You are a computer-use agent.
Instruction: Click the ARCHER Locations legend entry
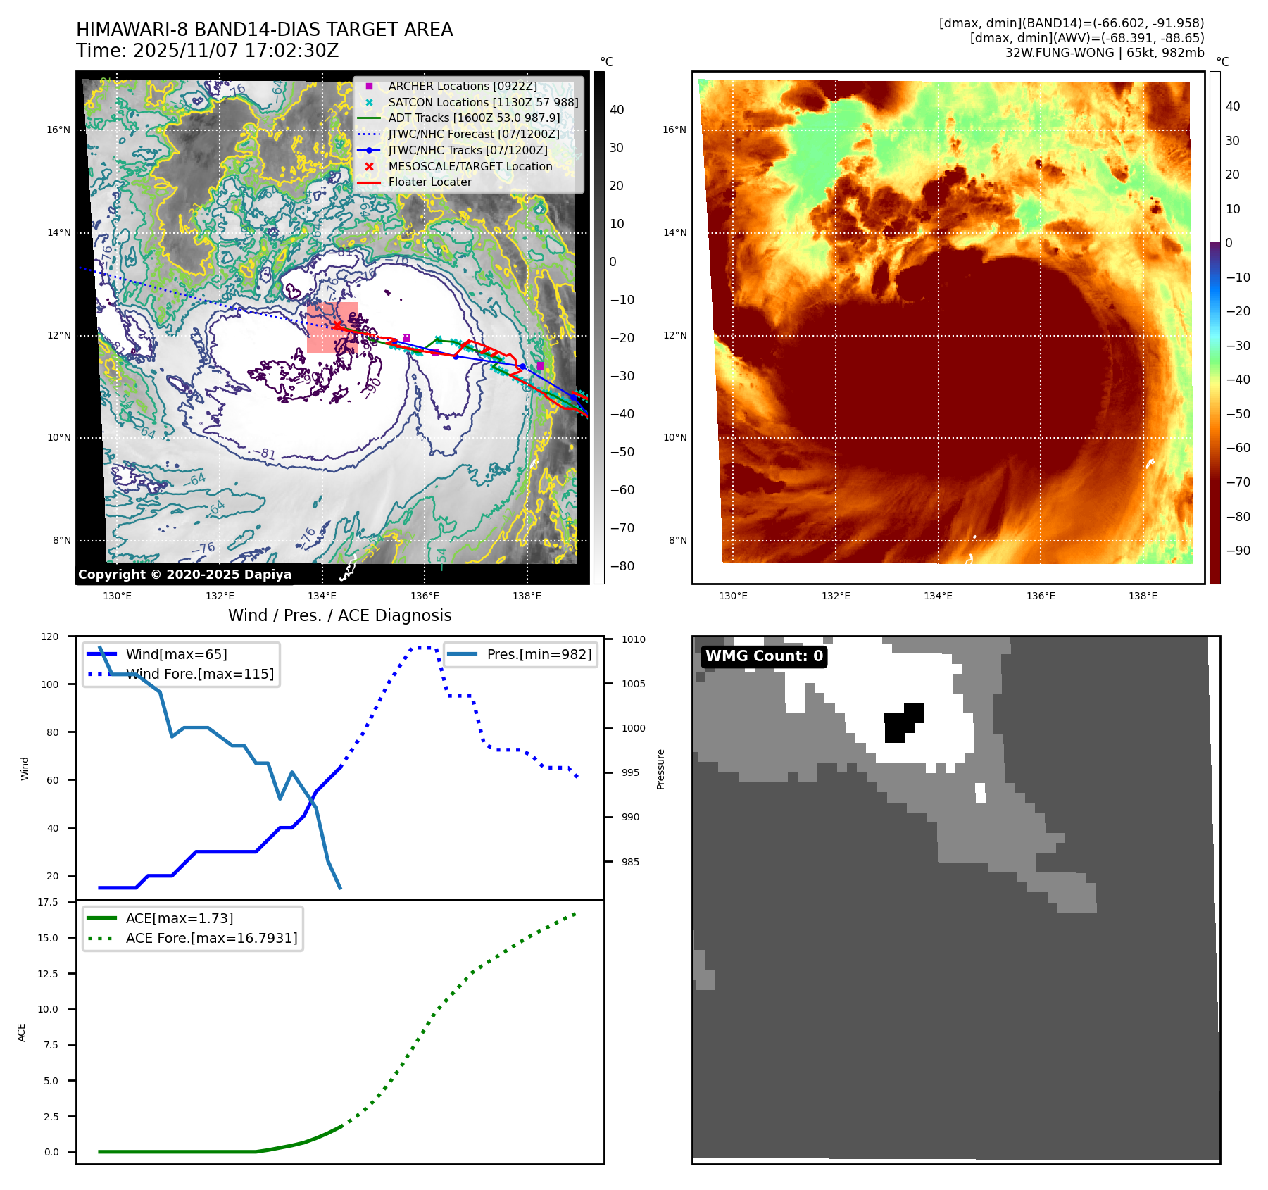coord(462,86)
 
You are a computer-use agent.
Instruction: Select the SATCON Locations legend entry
coord(483,102)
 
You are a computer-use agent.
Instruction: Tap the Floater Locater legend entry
coord(429,182)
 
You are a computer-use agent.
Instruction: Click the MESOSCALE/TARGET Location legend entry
coord(470,166)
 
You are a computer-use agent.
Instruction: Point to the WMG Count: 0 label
coord(764,656)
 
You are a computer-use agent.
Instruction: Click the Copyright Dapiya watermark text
coord(184,575)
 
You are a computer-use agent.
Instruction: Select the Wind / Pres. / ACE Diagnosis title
coord(339,615)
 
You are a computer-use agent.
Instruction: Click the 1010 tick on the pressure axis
coord(633,639)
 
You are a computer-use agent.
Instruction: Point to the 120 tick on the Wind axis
coord(50,637)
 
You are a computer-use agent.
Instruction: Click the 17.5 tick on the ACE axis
coord(48,902)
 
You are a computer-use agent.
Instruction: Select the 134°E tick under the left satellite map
coord(322,596)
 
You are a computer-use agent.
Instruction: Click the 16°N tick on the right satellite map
coord(674,130)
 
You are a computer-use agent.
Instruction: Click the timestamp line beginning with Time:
coord(208,51)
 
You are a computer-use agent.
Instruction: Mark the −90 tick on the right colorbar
coord(1238,551)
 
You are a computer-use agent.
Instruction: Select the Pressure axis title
coord(660,769)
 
